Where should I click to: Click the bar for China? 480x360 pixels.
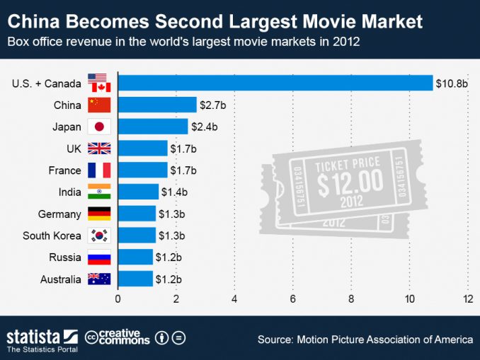coord(157,105)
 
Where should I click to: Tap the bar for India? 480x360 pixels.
coord(138,192)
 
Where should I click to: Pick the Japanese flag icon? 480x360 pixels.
coord(99,127)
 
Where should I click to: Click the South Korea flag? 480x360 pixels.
coord(99,236)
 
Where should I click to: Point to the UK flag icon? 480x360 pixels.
coord(99,149)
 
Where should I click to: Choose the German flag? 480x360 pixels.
coord(99,214)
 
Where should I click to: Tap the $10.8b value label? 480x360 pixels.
coord(452,83)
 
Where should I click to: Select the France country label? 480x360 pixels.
coord(64,170)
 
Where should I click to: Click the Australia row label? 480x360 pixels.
coord(61,279)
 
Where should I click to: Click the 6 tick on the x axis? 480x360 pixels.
coord(292,298)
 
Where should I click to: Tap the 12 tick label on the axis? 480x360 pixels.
coord(467,298)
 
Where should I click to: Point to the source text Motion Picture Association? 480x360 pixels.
coord(375,339)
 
